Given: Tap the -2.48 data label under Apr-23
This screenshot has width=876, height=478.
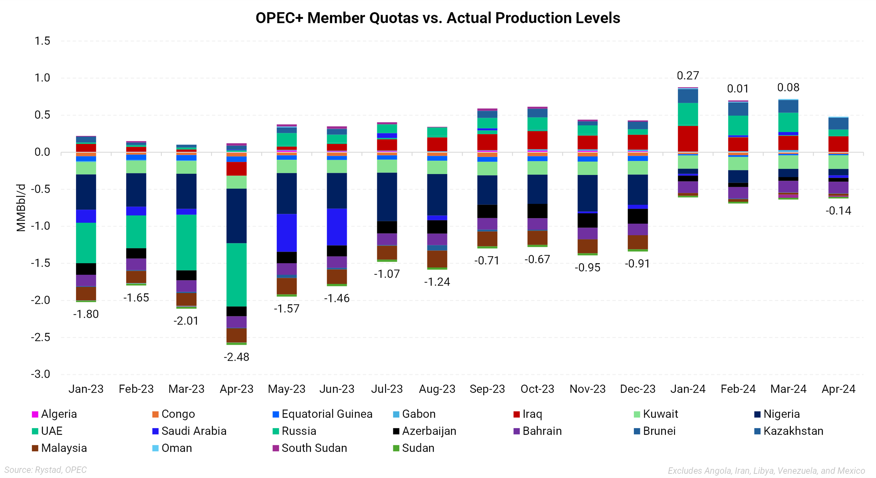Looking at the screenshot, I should click(x=236, y=357).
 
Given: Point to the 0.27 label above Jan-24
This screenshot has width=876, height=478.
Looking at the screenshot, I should click(x=688, y=76).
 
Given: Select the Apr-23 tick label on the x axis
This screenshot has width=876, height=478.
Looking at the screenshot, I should click(x=236, y=389).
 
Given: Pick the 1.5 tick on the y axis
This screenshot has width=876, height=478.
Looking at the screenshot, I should click(x=42, y=41).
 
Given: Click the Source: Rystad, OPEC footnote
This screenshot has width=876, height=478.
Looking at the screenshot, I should click(x=46, y=470).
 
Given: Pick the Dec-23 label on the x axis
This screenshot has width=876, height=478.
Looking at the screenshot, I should click(x=638, y=389).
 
